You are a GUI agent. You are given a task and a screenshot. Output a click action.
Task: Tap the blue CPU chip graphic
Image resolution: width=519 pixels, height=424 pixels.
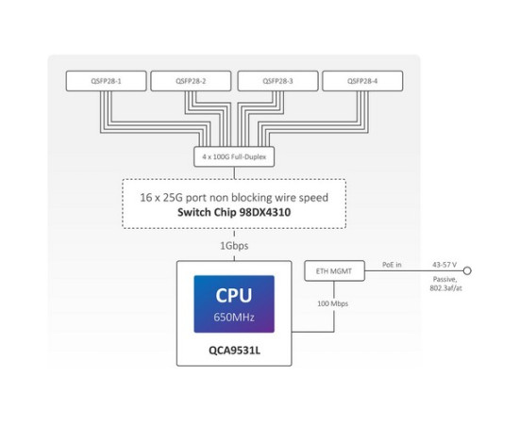[x=233, y=303]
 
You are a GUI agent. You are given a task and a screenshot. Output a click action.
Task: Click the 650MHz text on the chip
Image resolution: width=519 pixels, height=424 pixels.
[x=233, y=317]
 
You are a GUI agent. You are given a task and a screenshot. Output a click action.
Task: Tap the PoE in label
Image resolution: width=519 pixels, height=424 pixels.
[x=391, y=266]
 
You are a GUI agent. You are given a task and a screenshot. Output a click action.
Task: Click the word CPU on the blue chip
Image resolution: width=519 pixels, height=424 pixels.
[x=233, y=295]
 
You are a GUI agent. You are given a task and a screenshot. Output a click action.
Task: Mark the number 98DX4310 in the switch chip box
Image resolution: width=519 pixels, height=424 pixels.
[x=263, y=213]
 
